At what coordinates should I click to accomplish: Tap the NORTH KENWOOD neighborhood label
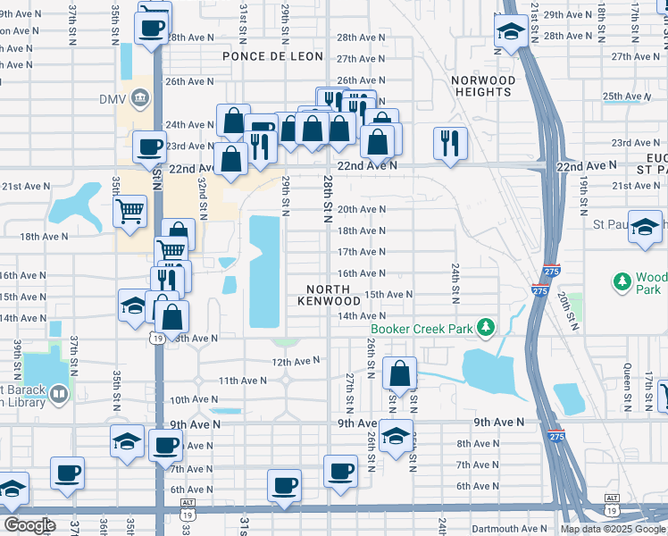334,296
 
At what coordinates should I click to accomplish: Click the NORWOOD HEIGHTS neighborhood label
483,86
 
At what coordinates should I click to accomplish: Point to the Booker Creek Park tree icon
485,329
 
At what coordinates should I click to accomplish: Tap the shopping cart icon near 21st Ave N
129,212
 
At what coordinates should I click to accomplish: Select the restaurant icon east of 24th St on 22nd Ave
449,142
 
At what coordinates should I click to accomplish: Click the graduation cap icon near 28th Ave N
510,33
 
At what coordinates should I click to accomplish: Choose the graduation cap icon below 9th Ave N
397,436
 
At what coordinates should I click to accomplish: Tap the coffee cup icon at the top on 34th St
152,26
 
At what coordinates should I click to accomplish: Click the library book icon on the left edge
59,393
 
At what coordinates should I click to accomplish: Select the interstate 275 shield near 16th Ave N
539,289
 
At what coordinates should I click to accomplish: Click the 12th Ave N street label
295,361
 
